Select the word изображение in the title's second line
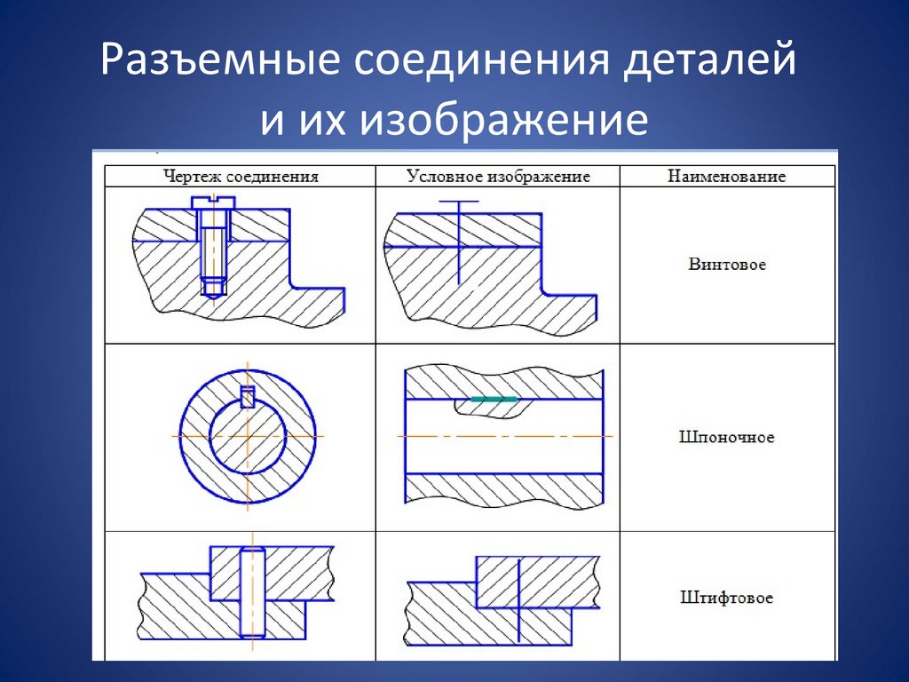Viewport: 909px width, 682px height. (x=503, y=120)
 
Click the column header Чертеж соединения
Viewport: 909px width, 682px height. (x=241, y=176)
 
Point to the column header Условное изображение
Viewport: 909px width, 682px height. (x=498, y=176)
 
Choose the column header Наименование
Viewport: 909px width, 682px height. (x=727, y=176)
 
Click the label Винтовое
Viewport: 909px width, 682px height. (x=726, y=264)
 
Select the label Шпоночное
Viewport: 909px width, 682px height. (x=726, y=437)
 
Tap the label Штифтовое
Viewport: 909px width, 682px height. (x=726, y=598)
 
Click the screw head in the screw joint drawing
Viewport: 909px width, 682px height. (x=212, y=206)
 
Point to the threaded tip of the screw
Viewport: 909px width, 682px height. (x=212, y=287)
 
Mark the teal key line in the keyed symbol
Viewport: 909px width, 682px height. (x=494, y=400)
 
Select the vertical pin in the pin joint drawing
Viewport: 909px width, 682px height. (x=252, y=591)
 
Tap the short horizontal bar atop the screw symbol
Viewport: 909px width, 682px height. (x=458, y=202)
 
